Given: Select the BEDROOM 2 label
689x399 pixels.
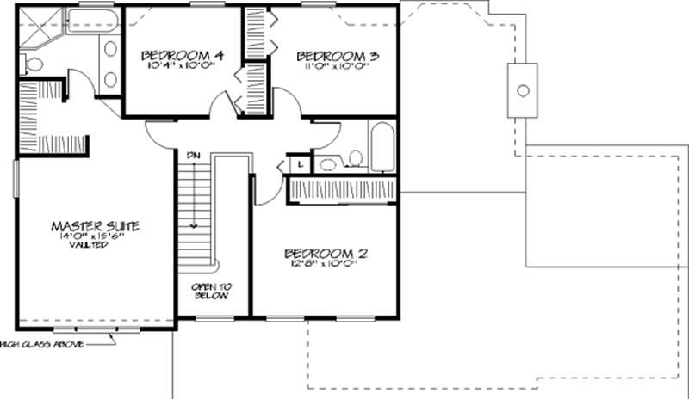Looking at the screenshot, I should coord(326,254).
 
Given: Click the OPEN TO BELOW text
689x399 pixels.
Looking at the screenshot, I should coord(210,291).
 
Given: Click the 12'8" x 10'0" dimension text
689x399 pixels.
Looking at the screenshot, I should coord(326,265).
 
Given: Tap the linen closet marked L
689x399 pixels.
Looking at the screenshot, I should coord(299,163).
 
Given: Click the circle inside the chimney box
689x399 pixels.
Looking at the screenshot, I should coord(522,89).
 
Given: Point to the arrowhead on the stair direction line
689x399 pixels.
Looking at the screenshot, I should coord(194,224).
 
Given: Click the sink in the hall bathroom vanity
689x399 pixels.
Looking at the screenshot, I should coord(328,163).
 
